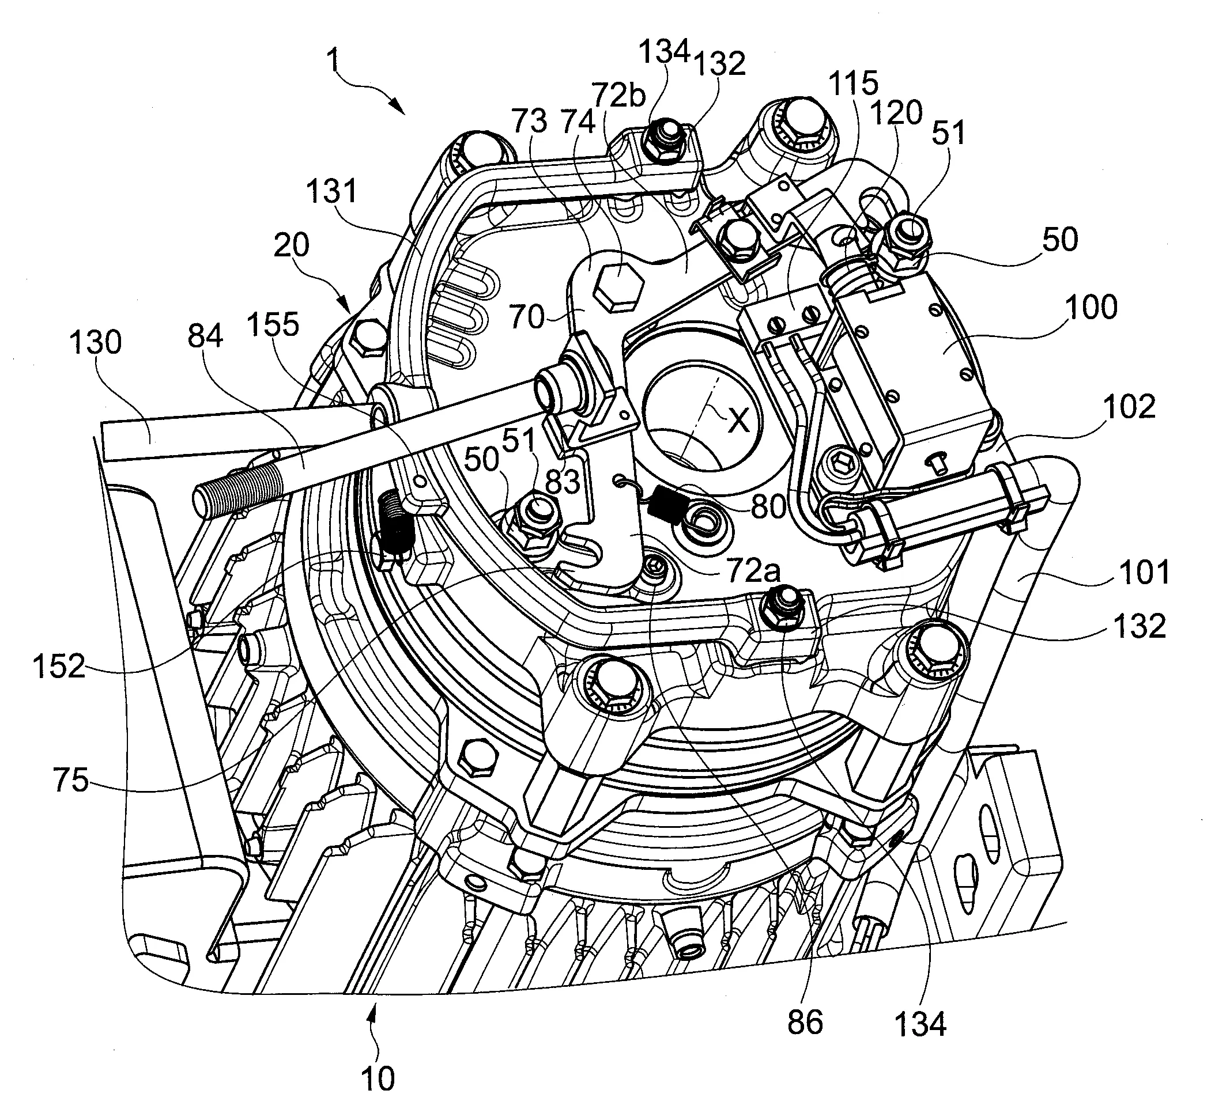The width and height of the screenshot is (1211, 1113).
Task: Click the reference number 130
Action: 95,343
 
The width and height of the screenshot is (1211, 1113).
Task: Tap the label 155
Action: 273,325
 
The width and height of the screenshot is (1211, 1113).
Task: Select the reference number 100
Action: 1091,307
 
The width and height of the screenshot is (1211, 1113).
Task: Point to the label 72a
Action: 753,571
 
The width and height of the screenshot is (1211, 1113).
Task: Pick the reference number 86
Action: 805,1023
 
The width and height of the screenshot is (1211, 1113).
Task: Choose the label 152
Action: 59,667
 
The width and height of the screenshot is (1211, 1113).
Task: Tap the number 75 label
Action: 70,782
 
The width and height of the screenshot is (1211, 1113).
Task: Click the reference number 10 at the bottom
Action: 378,1078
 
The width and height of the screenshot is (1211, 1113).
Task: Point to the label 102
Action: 1129,408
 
